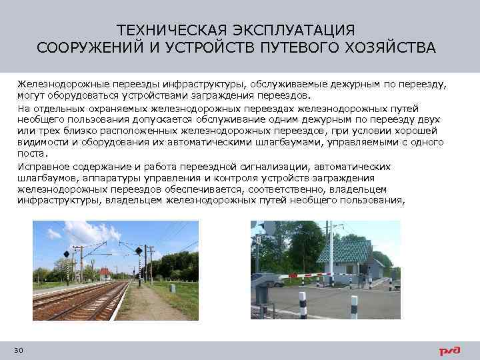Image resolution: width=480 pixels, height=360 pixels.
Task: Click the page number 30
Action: point(18,350)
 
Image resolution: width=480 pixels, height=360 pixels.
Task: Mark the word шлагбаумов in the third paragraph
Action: point(45,178)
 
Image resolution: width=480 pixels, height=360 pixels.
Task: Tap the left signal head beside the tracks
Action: point(66,254)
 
